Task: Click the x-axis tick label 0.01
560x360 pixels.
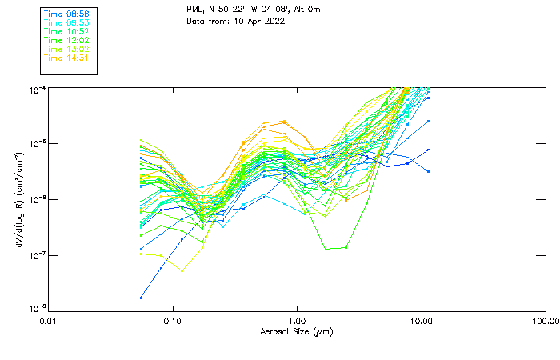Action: (48, 321)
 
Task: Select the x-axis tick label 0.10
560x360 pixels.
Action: (172, 321)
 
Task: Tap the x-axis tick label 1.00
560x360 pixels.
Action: (297, 321)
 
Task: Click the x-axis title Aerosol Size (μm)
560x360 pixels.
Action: (296, 331)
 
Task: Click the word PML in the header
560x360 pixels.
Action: (194, 10)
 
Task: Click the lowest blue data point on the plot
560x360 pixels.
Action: (142, 298)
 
